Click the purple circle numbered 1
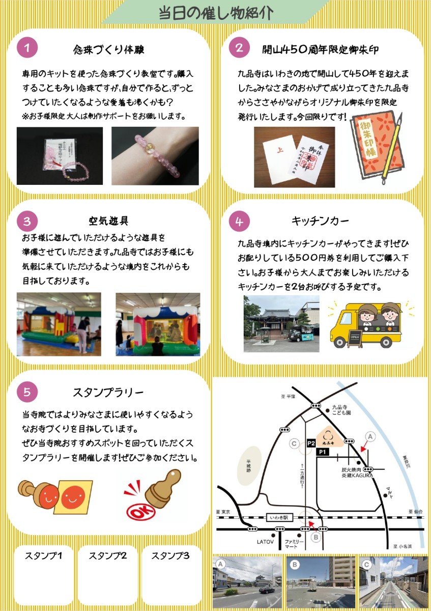coord(27,48)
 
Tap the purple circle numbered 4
coord(239,221)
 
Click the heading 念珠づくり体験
coord(108,50)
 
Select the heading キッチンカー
coord(320,221)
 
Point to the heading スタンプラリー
coord(108,393)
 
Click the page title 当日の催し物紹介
coord(216,13)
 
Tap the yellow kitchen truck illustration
coord(366,325)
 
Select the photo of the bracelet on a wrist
coord(155,156)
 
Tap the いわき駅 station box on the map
coord(279,517)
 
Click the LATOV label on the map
coord(265,547)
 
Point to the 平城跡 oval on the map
coord(249,466)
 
